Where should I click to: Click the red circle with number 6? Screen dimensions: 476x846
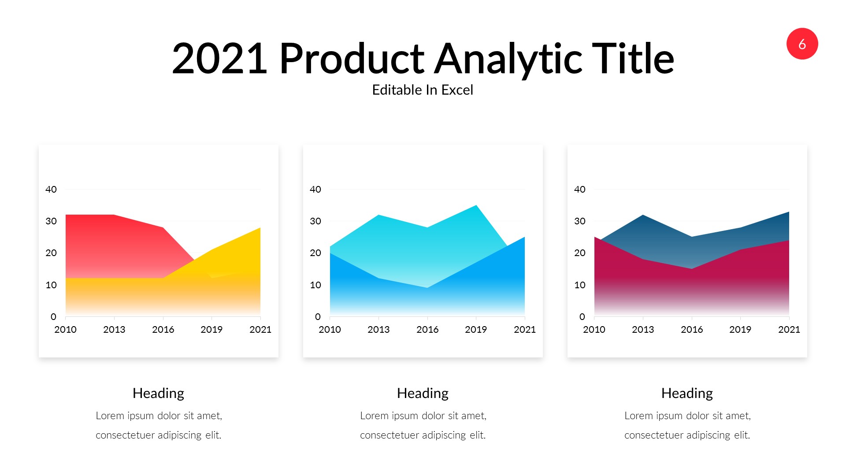[802, 44]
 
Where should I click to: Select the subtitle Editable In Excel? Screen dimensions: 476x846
[422, 90]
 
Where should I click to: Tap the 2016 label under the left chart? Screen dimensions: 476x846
[163, 330]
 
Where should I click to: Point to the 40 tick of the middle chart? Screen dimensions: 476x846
[315, 190]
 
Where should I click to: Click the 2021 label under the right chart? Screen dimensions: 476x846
[789, 330]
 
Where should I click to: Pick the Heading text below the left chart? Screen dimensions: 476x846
[158, 393]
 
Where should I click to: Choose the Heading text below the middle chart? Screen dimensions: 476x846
[423, 393]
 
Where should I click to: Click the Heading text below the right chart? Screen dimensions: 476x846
[687, 393]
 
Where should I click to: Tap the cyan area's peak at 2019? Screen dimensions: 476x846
[476, 206]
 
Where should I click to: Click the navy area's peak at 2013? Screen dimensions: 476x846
[643, 216]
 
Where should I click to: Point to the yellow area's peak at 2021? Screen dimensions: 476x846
[260, 229]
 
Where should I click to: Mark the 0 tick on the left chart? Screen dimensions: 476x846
[53, 317]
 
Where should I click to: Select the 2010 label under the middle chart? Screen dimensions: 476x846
[330, 330]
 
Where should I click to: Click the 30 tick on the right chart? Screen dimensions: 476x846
[579, 221]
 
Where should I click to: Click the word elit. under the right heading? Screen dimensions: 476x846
[742, 435]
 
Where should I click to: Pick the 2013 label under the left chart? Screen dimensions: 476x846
[114, 330]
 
